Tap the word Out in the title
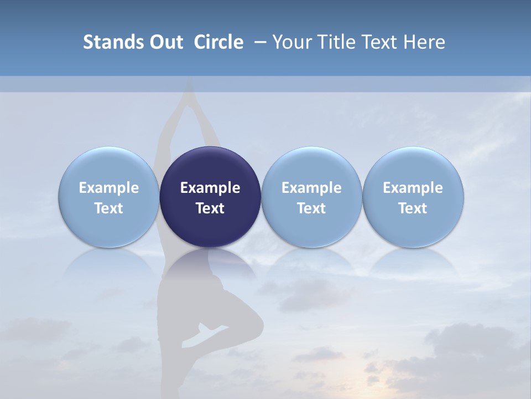point(165,42)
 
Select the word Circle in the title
point(218,42)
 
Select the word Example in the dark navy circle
point(210,188)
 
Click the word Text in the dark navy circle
point(210,208)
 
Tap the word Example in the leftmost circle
point(109,188)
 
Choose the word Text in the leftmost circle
point(109,208)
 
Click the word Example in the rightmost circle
point(413,188)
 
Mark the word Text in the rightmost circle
point(413,208)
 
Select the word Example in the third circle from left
point(311,188)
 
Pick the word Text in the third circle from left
point(311,208)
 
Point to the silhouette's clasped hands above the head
point(190,89)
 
